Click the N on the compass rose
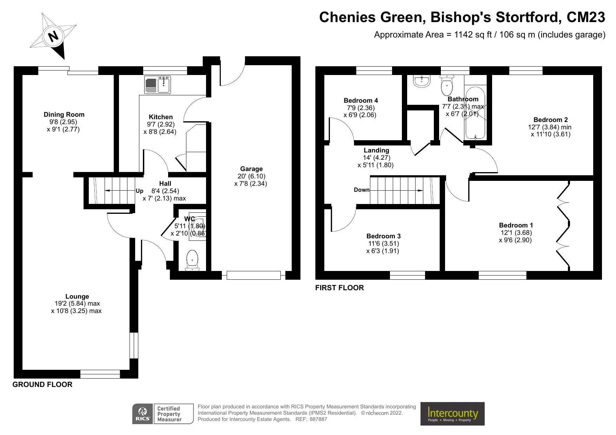click(53, 36)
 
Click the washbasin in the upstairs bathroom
click(421, 81)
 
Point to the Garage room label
click(251, 169)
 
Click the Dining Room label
click(64, 114)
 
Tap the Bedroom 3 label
click(383, 236)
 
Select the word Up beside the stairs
click(140, 191)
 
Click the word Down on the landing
click(362, 190)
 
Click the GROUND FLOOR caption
click(42, 385)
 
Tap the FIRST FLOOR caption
click(339, 288)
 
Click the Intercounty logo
click(452, 414)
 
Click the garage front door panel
click(253, 275)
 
